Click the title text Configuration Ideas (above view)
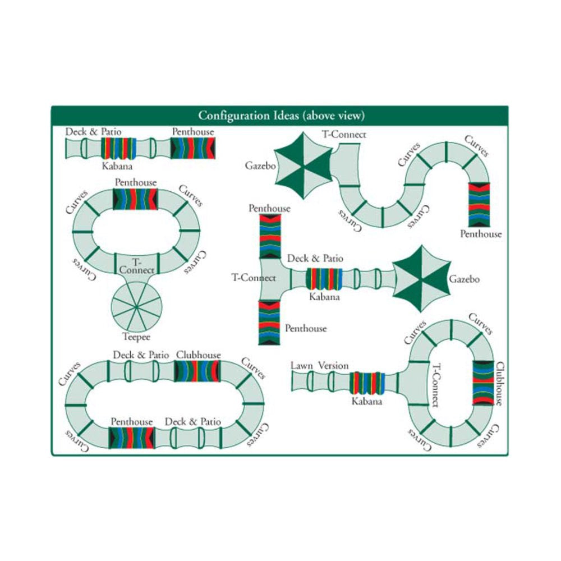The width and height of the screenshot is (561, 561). click(281, 116)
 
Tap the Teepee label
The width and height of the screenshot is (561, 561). click(136, 337)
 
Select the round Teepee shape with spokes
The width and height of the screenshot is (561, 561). click(136, 307)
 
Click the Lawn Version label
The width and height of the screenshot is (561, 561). click(319, 366)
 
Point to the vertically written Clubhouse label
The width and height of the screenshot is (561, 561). click(500, 384)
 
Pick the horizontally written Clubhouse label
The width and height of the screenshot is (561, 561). click(199, 355)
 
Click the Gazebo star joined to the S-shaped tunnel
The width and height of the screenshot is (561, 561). click(304, 165)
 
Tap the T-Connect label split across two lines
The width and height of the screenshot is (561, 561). click(137, 266)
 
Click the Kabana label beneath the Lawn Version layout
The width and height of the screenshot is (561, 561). click(367, 401)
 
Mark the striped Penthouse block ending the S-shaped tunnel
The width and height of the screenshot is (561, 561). click(480, 204)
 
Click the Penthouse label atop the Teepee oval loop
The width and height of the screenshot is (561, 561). click(136, 182)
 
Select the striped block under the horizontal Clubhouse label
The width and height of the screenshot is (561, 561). click(197, 371)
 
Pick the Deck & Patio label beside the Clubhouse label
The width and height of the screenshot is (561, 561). click(141, 355)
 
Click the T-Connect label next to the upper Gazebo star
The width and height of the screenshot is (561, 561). click(344, 135)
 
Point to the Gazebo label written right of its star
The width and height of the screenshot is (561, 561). click(465, 279)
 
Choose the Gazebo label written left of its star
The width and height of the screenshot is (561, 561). click(260, 165)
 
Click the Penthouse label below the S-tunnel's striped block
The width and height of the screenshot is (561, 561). click(481, 234)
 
